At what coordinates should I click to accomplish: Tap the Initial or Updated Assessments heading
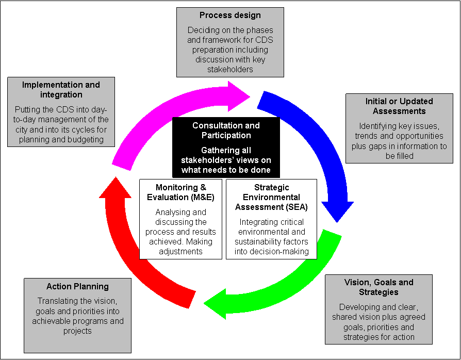396,106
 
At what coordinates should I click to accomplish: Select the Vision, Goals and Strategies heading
378,287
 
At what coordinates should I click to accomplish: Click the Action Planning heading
77,287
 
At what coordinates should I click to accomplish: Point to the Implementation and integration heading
61,90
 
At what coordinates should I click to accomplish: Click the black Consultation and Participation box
225,147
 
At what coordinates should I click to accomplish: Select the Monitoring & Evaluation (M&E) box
180,219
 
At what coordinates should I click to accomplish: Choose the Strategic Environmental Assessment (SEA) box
271,219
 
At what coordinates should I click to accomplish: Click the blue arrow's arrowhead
337,211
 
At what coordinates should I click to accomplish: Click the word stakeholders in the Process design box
230,69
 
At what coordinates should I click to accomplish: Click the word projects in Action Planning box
77,331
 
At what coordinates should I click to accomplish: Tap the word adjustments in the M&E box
180,251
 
